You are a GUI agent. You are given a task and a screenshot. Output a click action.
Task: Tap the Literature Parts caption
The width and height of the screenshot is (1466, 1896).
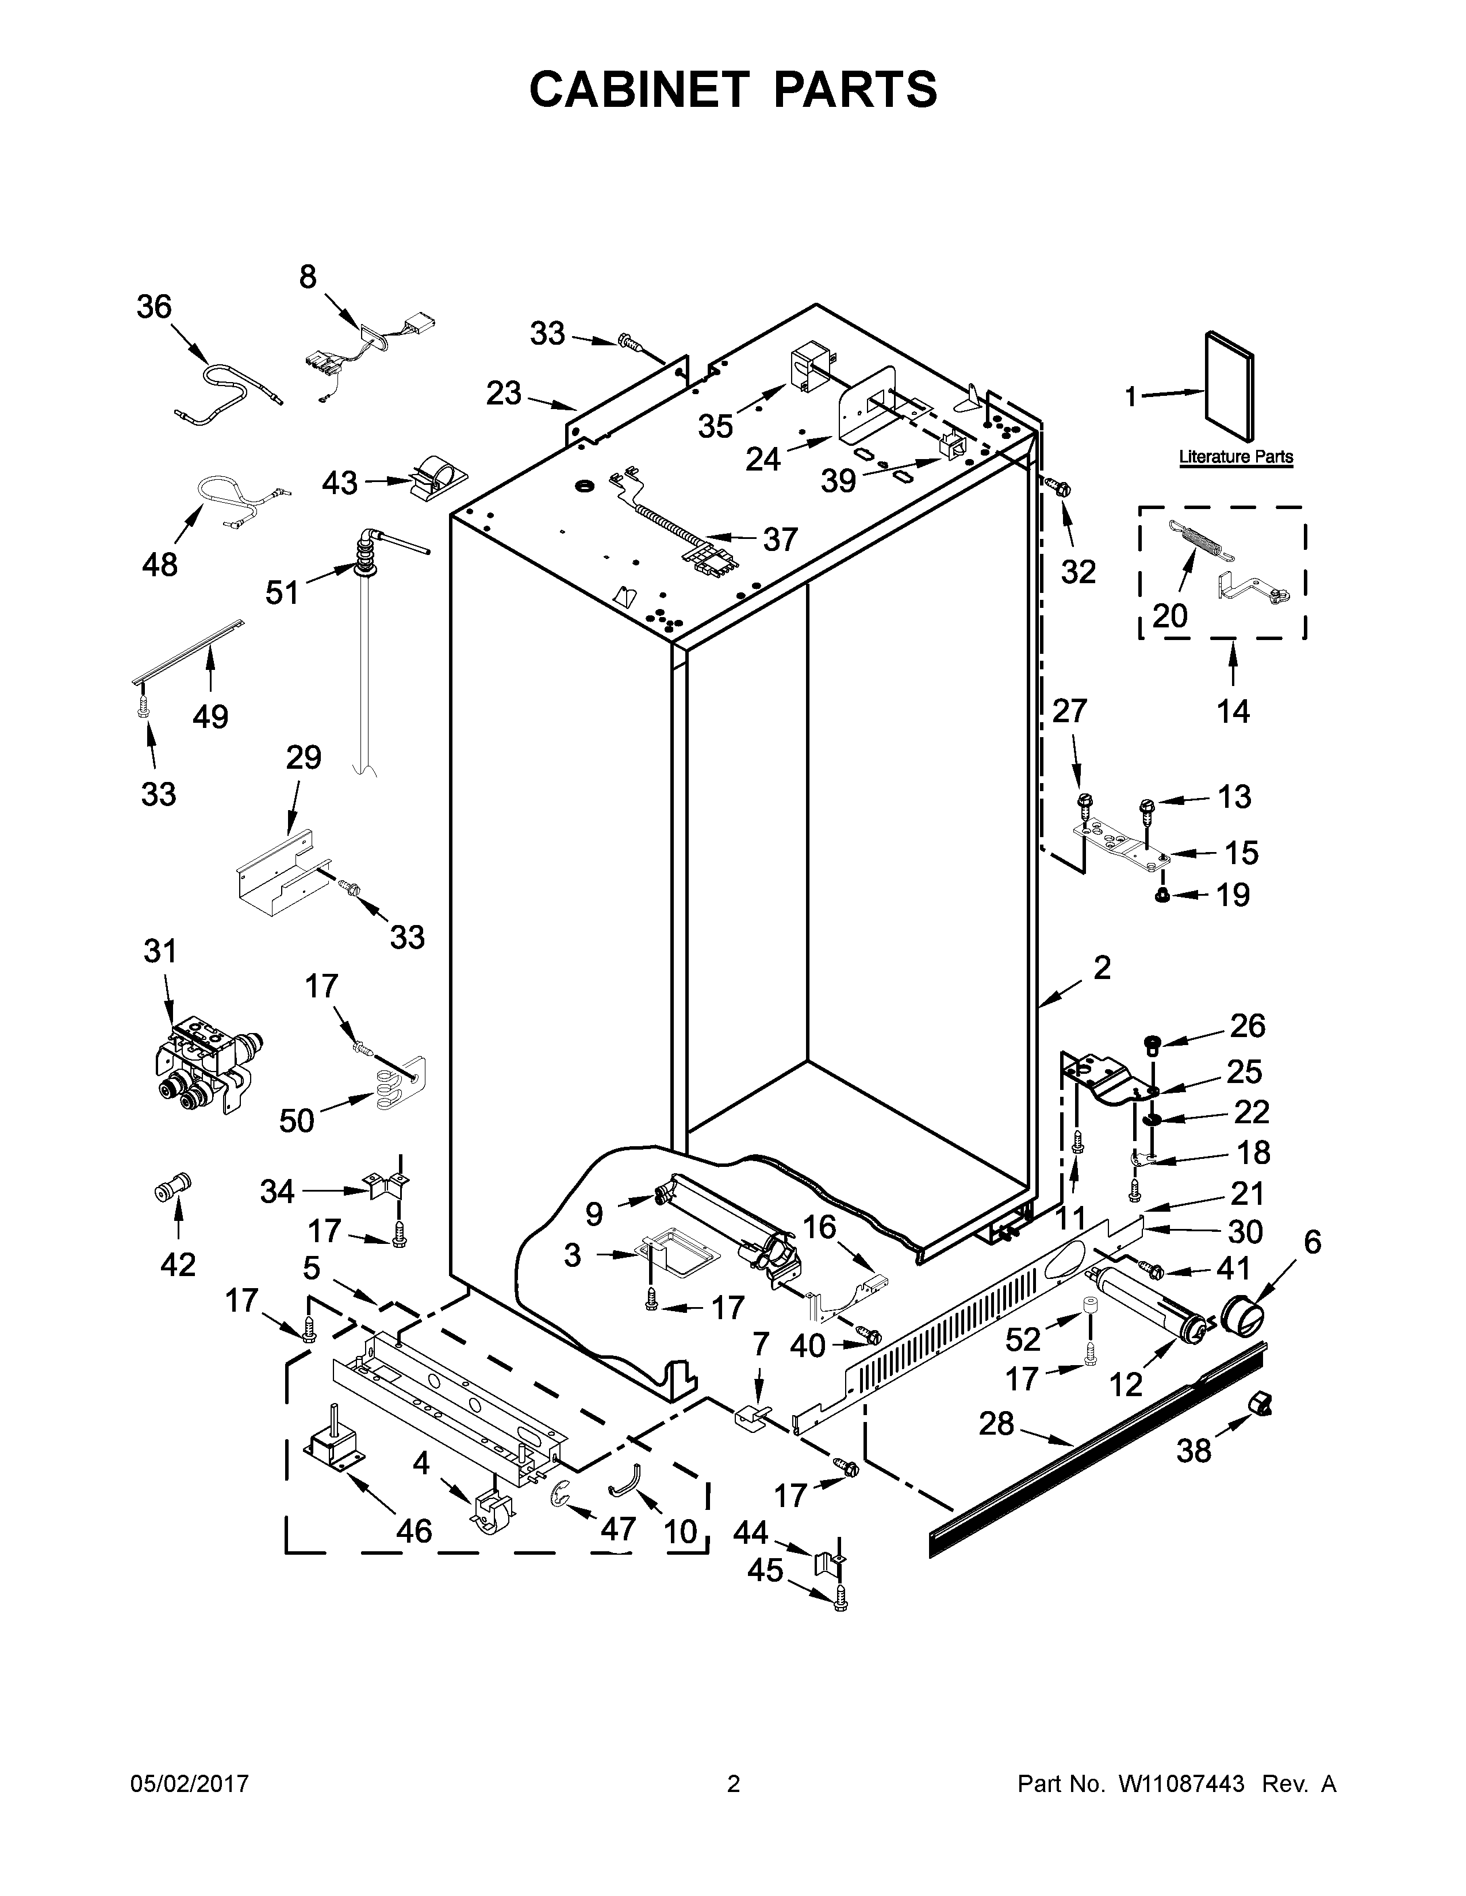click(x=1235, y=457)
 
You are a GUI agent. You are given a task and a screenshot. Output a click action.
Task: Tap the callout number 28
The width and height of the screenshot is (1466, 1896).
click(x=996, y=1423)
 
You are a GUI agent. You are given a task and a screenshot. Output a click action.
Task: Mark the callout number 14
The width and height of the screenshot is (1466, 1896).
click(x=1233, y=711)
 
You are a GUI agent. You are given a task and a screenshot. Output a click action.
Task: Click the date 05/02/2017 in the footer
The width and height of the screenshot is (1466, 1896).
click(x=189, y=1784)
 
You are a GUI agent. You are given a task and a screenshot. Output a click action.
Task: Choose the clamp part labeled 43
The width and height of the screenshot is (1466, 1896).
click(x=439, y=477)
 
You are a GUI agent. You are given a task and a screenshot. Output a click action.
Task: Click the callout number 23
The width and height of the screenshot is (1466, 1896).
click(x=504, y=393)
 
